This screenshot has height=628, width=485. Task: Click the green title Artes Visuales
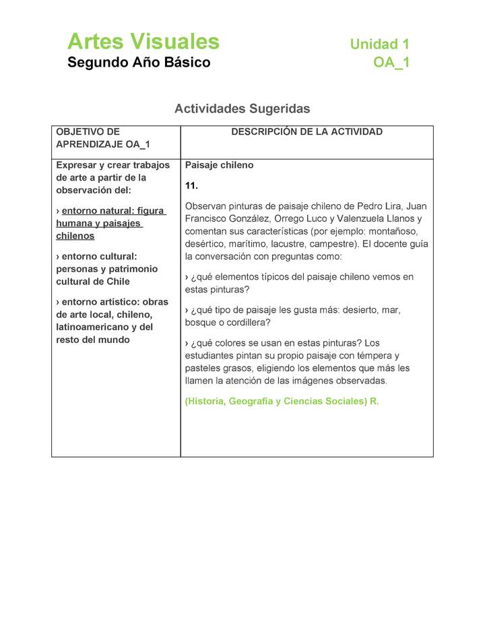143,42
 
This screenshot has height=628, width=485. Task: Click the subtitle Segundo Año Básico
139,63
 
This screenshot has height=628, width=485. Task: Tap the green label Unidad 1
379,44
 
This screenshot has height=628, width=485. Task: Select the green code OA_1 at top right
391,63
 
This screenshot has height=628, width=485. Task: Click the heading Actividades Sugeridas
242,108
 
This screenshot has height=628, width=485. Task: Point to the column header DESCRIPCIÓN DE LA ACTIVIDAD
306,132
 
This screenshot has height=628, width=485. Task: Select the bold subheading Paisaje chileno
219,165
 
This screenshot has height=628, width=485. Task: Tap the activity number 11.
191,186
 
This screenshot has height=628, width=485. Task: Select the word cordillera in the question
243,322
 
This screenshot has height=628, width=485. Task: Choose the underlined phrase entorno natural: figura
113,211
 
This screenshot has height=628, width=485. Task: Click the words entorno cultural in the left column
98,256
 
